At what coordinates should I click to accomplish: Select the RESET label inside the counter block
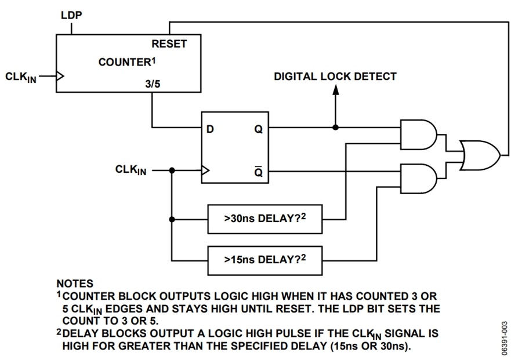[169, 44]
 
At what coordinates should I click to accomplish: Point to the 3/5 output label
[154, 83]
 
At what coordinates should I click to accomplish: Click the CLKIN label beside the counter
[21, 77]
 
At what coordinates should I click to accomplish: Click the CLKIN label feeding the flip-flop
[131, 170]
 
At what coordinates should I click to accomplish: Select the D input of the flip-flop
[210, 129]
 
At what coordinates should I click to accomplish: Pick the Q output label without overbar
[258, 129]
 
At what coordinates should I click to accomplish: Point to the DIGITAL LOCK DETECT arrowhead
[335, 92]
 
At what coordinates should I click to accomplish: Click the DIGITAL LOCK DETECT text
[335, 77]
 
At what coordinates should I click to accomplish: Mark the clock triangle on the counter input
[60, 76]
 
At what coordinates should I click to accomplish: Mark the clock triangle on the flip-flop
[205, 171]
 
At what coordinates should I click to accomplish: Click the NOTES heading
[74, 284]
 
